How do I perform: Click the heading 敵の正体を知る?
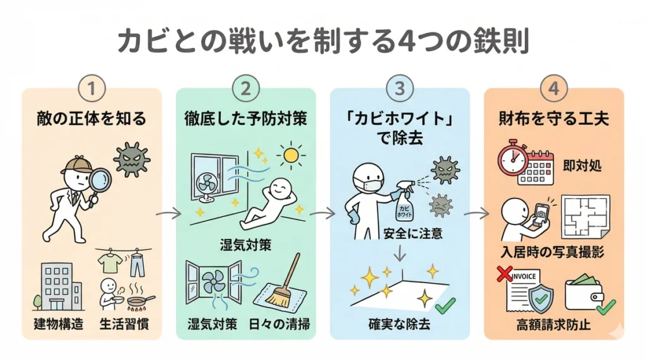pos(92,118)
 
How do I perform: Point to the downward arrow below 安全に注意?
pos(399,254)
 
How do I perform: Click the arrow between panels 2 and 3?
pos(322,214)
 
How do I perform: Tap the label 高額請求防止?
pos(554,325)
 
